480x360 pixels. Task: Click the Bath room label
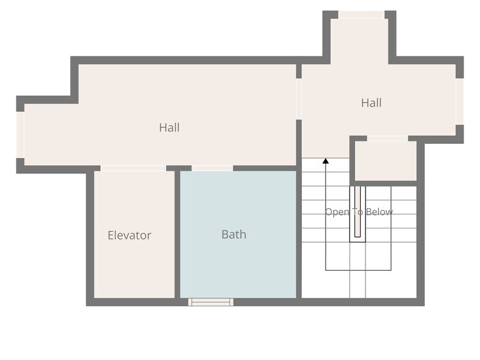(x=234, y=234)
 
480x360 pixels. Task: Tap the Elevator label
(x=130, y=235)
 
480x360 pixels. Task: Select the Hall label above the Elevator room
(x=169, y=127)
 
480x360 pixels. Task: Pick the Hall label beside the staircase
(x=371, y=103)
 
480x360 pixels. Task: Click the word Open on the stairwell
(x=337, y=212)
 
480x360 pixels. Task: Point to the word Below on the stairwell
(x=380, y=212)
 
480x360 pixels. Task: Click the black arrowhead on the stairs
(x=326, y=160)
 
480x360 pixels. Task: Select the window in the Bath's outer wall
(x=211, y=302)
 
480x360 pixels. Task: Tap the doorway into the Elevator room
(x=133, y=168)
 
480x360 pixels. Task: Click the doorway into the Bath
(x=212, y=168)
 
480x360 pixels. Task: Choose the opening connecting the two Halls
(x=299, y=99)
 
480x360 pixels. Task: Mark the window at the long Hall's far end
(x=20, y=135)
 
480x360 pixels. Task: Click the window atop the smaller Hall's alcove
(x=361, y=15)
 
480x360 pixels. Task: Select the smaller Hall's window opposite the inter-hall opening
(x=460, y=102)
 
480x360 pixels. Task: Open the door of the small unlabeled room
(x=388, y=138)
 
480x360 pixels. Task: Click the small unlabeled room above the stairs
(x=386, y=160)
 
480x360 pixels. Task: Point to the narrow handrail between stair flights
(x=358, y=212)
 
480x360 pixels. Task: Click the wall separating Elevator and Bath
(x=178, y=234)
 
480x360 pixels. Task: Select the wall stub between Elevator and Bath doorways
(x=179, y=168)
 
